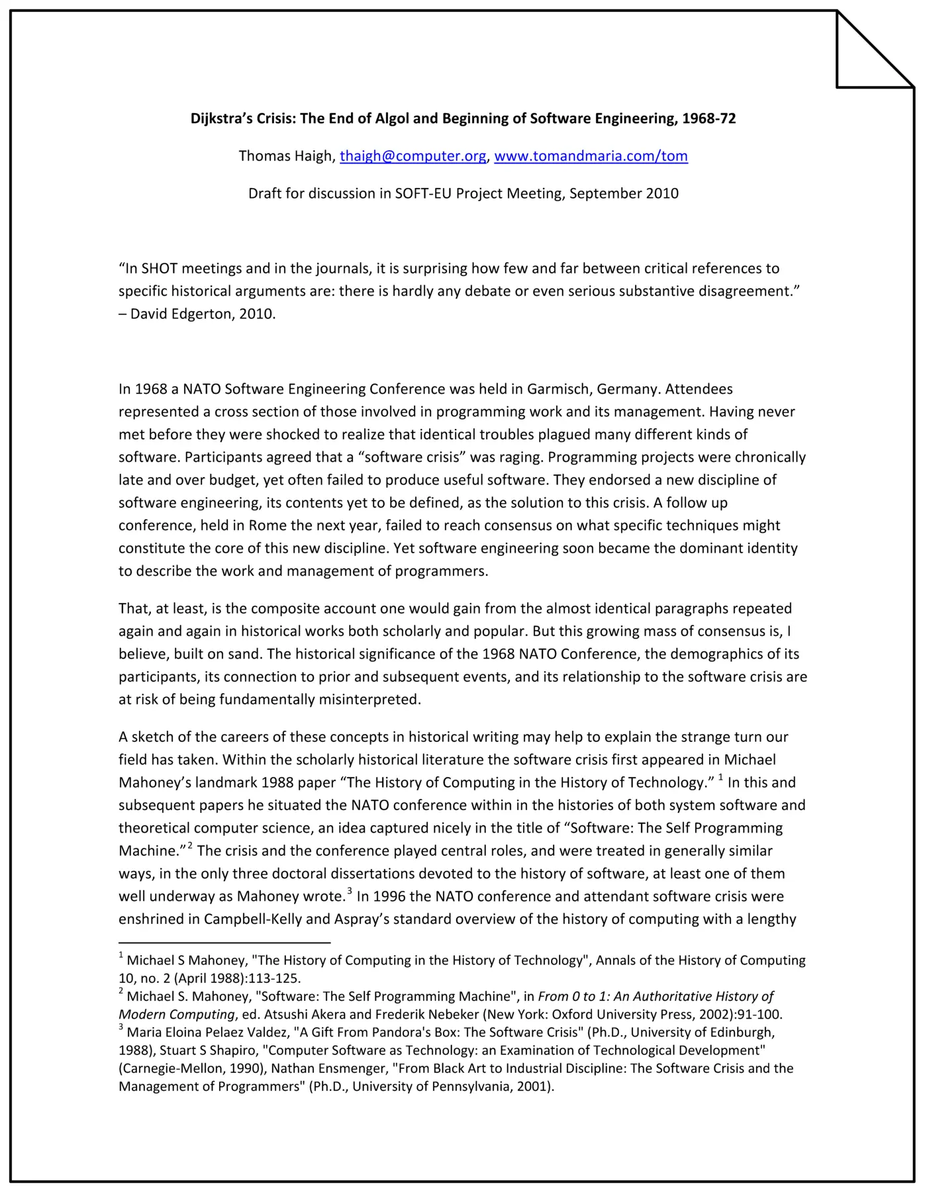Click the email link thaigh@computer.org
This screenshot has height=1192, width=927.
point(413,156)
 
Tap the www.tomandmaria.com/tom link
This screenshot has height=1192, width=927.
point(591,156)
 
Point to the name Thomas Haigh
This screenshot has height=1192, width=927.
point(286,156)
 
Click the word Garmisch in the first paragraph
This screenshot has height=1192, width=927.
point(558,389)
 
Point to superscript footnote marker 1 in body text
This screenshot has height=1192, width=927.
point(720,777)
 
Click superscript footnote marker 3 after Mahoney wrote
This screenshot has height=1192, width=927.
point(350,891)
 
